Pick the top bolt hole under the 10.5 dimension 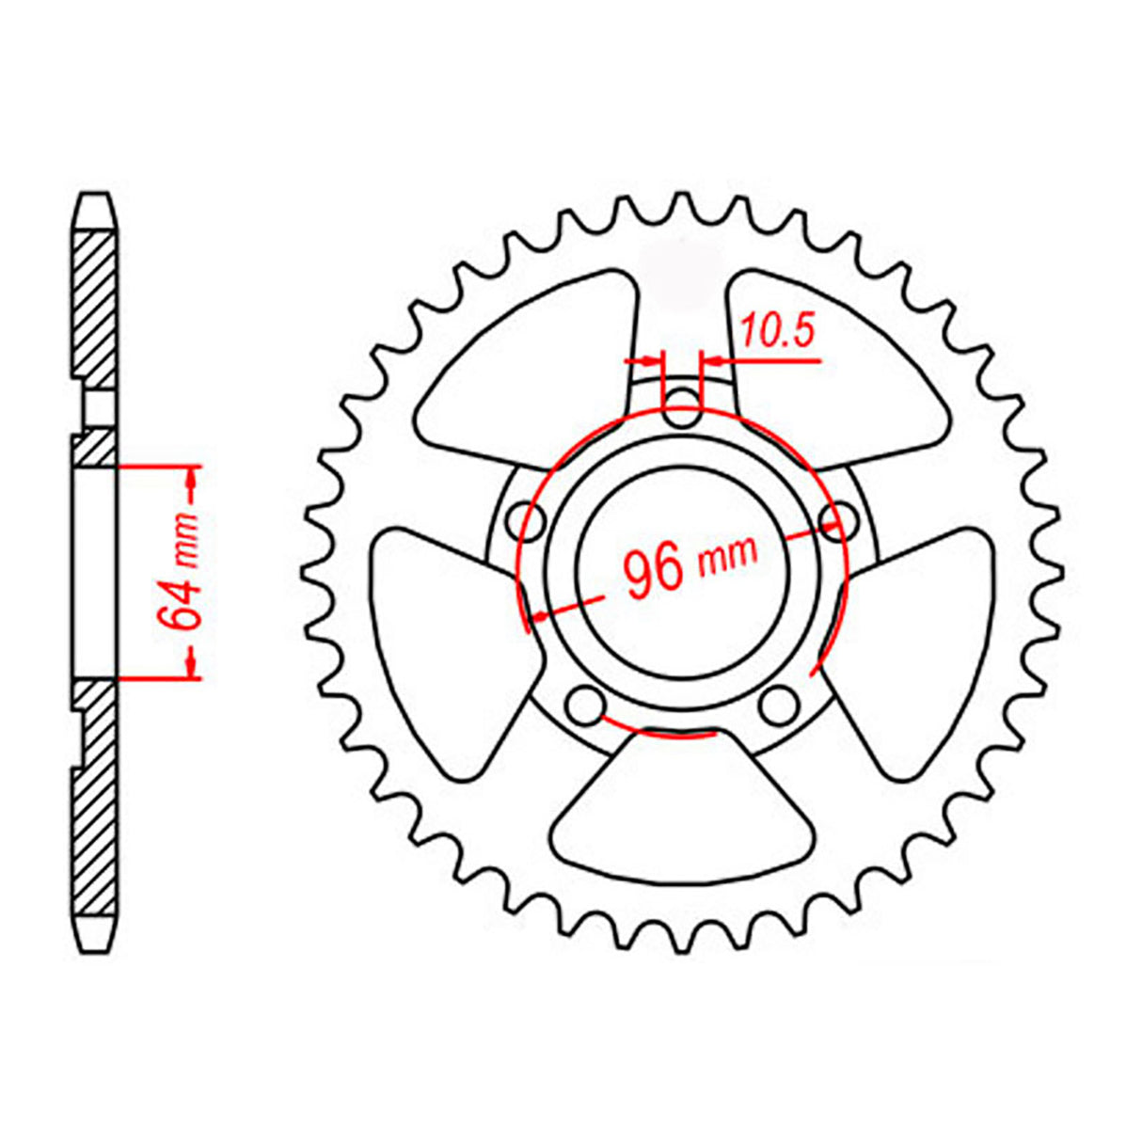click(682, 409)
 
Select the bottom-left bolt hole click(586, 704)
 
